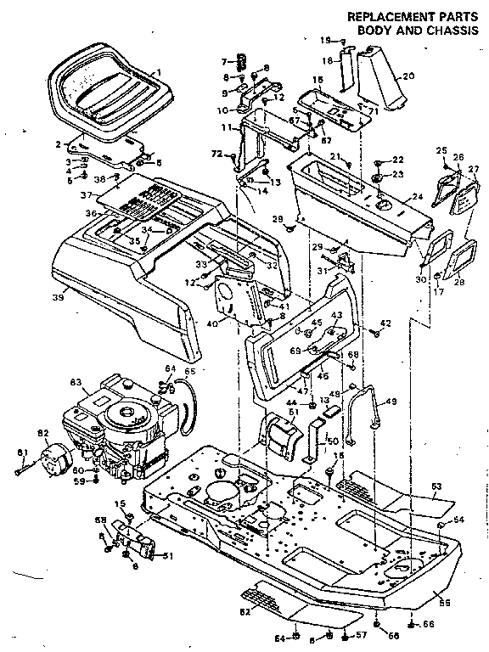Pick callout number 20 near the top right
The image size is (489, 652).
click(x=408, y=76)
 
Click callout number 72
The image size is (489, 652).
click(x=216, y=154)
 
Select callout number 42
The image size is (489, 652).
click(x=385, y=323)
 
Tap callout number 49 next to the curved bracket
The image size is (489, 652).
click(x=391, y=402)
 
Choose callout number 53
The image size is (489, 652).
click(x=437, y=486)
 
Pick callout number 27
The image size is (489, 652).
click(x=473, y=169)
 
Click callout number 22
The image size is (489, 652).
click(x=398, y=160)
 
